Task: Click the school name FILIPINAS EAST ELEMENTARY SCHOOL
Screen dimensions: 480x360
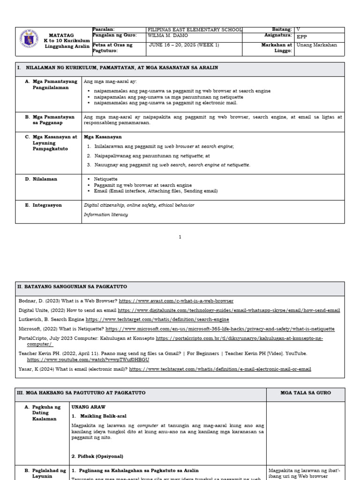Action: pos(195,30)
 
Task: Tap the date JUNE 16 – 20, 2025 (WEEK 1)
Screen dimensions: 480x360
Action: pos(184,45)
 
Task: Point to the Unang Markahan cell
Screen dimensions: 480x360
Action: pos(317,45)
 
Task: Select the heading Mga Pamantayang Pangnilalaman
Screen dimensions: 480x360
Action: pos(51,84)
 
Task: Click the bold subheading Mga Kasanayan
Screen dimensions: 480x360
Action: pos(103,137)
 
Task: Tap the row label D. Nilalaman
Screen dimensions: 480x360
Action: pos(45,179)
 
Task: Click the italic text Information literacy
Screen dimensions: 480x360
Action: pos(105,215)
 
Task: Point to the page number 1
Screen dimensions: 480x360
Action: pos(180,237)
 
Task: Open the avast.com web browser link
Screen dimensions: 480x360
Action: pos(176,301)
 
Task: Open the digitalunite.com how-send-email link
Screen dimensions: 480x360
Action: pos(229,310)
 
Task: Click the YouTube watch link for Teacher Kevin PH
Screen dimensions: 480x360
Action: pos(88,360)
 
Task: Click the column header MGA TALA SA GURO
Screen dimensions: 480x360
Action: pos(305,393)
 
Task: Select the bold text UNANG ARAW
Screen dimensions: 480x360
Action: pos(88,407)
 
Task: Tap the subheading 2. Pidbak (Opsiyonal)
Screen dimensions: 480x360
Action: pos(97,456)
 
